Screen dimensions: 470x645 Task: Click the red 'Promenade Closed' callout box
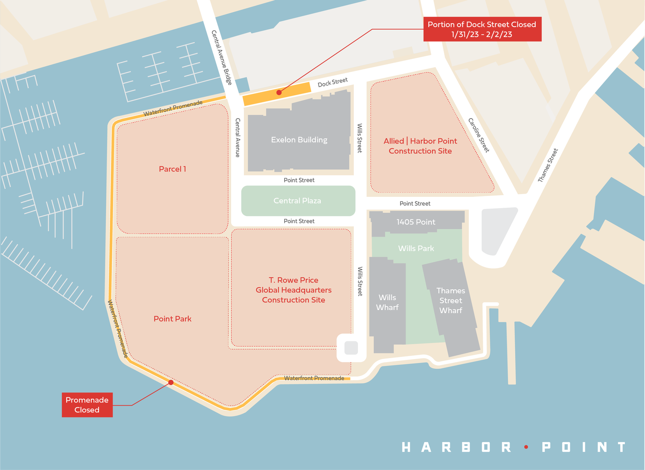[x=87, y=405]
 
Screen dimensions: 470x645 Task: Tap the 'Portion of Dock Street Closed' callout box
[x=482, y=29]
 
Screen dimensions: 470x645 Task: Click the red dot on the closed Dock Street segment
[x=279, y=92]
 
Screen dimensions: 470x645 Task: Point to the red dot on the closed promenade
[x=171, y=382]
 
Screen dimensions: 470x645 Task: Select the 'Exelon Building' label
[x=299, y=140]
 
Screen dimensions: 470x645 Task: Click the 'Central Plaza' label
[x=298, y=201]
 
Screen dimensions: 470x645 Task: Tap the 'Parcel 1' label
[x=172, y=169]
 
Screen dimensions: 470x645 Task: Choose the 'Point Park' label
[x=172, y=319]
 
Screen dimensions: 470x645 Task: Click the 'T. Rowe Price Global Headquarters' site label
[x=294, y=290]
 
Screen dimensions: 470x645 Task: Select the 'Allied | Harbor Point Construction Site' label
[x=420, y=146]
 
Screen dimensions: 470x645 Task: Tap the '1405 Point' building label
[x=416, y=222]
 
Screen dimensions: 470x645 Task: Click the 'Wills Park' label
[x=416, y=248]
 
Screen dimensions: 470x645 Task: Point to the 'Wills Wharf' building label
[x=387, y=302]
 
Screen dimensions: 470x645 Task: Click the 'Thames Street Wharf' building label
[x=451, y=301]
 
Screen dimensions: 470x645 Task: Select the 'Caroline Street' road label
[x=479, y=135]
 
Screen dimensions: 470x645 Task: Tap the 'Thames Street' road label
[x=548, y=165]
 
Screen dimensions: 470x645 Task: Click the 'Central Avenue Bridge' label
[x=221, y=58]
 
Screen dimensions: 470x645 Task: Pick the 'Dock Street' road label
[x=332, y=82]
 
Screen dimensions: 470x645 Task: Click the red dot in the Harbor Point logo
[x=526, y=447]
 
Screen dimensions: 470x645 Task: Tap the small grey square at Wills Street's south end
[x=351, y=347]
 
